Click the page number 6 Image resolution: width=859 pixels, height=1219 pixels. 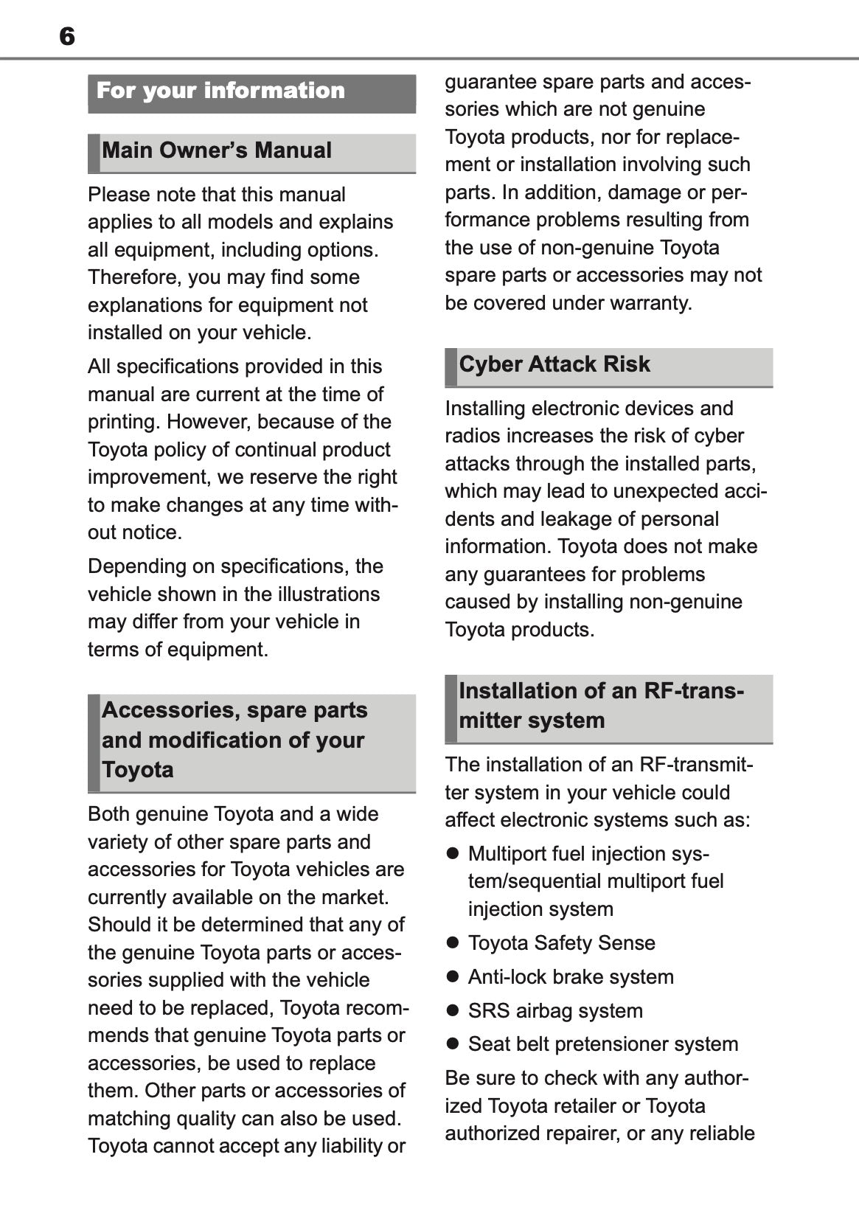click(67, 36)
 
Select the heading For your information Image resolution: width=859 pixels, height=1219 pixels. click(220, 91)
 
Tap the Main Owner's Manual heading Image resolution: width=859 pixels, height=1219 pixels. click(217, 150)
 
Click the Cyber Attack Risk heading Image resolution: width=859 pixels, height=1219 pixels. click(554, 364)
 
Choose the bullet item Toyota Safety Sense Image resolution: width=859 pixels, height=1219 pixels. click(561, 943)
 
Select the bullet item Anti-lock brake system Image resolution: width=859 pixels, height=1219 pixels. click(571, 977)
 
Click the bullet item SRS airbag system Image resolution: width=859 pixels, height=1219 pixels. click(555, 1011)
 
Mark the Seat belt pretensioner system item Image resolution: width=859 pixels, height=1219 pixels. click(603, 1044)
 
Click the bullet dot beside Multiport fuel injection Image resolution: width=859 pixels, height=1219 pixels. click(453, 854)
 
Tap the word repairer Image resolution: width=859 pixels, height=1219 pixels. click(578, 1133)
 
